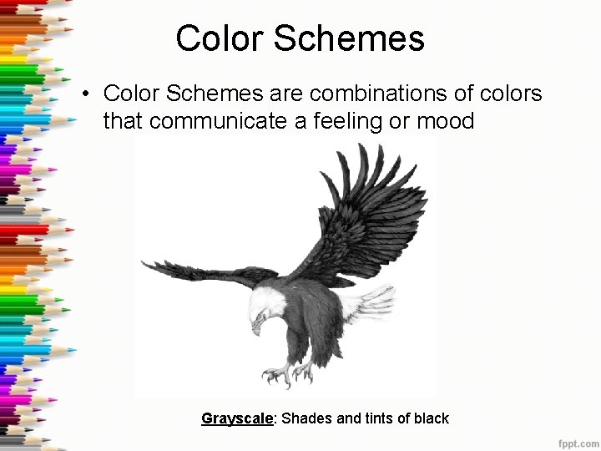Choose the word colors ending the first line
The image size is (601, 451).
511,94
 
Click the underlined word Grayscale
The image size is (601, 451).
237,418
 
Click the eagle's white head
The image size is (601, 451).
267,305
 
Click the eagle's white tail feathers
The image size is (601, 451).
367,302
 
